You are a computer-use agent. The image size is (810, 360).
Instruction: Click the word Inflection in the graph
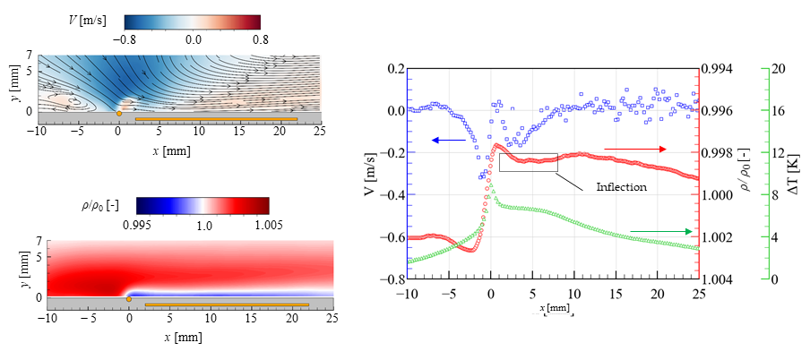coord(622,188)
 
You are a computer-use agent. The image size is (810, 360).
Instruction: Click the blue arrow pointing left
coord(448,141)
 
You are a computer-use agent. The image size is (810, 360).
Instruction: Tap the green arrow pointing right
coord(661,232)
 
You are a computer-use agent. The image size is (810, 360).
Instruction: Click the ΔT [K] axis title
coord(794,174)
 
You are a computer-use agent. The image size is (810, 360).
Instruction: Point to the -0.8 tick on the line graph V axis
coord(388,279)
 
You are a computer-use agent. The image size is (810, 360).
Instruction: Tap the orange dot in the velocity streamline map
coord(119,113)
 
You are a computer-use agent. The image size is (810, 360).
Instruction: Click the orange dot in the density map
coord(130,298)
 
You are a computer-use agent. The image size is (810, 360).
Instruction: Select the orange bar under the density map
coord(227,305)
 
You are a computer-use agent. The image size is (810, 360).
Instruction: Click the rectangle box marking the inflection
coord(529,162)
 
